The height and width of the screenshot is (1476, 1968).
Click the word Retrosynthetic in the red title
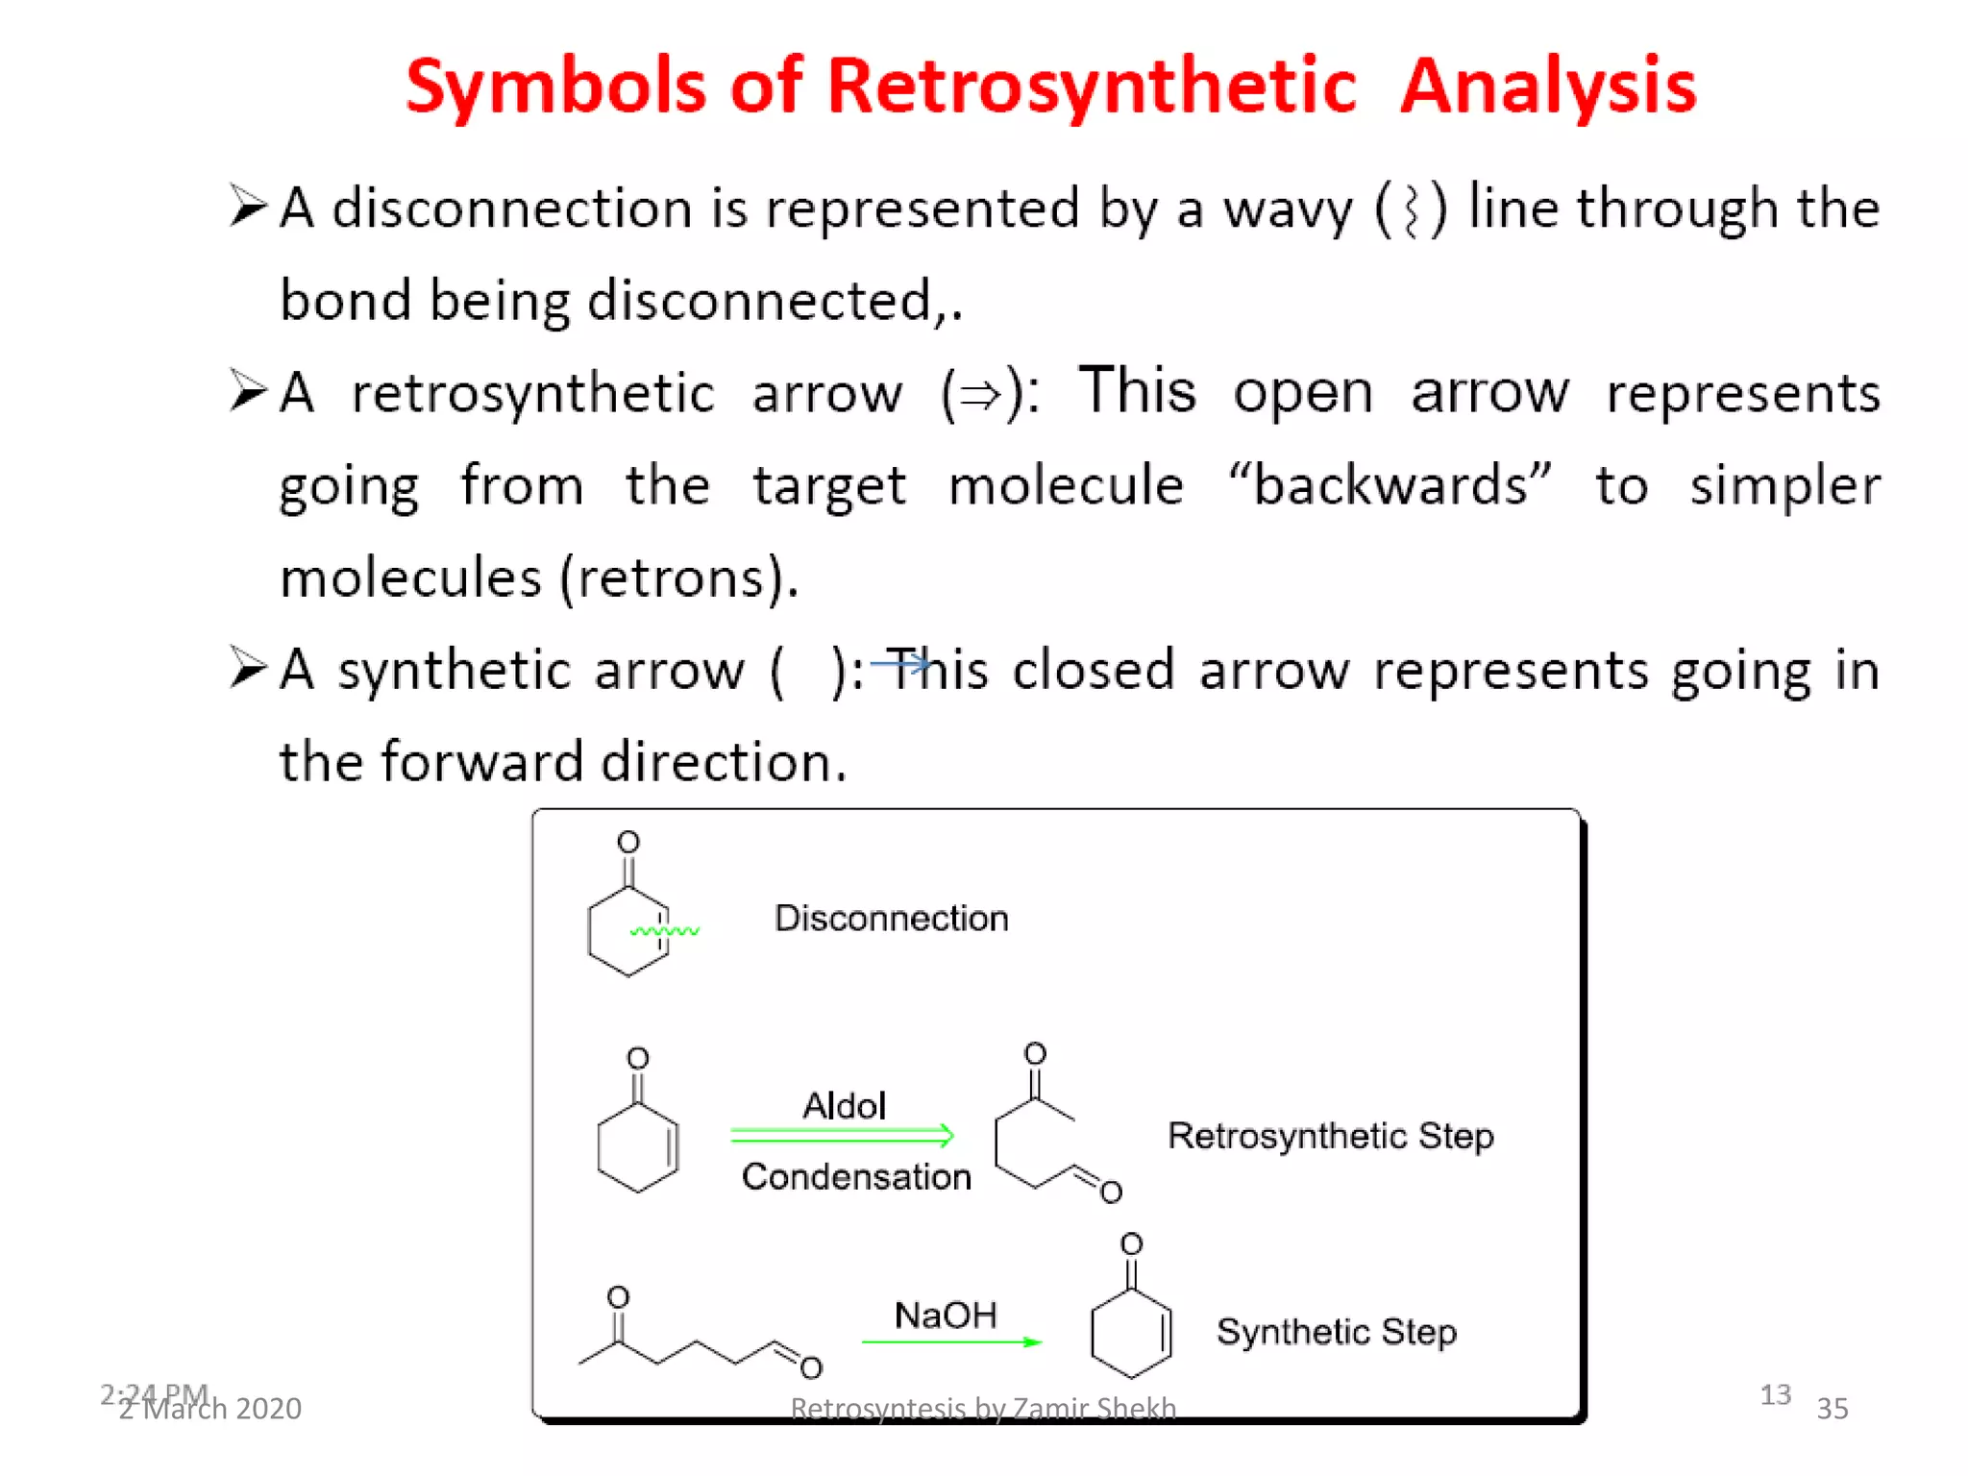pos(1091,86)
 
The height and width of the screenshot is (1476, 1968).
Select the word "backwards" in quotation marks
pos(1390,484)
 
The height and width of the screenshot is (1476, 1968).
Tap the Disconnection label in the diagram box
pos(891,919)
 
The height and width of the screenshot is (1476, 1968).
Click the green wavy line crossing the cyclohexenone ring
pos(665,930)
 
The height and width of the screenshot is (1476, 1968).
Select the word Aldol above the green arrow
pos(844,1106)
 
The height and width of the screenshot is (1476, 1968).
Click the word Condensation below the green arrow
pos(856,1177)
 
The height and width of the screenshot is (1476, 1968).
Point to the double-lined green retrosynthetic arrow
pos(842,1136)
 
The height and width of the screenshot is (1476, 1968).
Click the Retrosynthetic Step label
pos(1330,1136)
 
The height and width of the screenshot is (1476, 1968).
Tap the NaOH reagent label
pos(946,1316)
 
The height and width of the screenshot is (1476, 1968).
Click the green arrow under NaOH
pos(951,1341)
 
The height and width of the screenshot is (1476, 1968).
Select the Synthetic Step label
pos(1336,1332)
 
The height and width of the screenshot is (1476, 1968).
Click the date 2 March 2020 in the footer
pos(209,1409)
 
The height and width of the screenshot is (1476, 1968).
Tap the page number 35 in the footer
pos(1832,1409)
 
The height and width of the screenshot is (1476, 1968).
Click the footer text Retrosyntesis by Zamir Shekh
pos(982,1409)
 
